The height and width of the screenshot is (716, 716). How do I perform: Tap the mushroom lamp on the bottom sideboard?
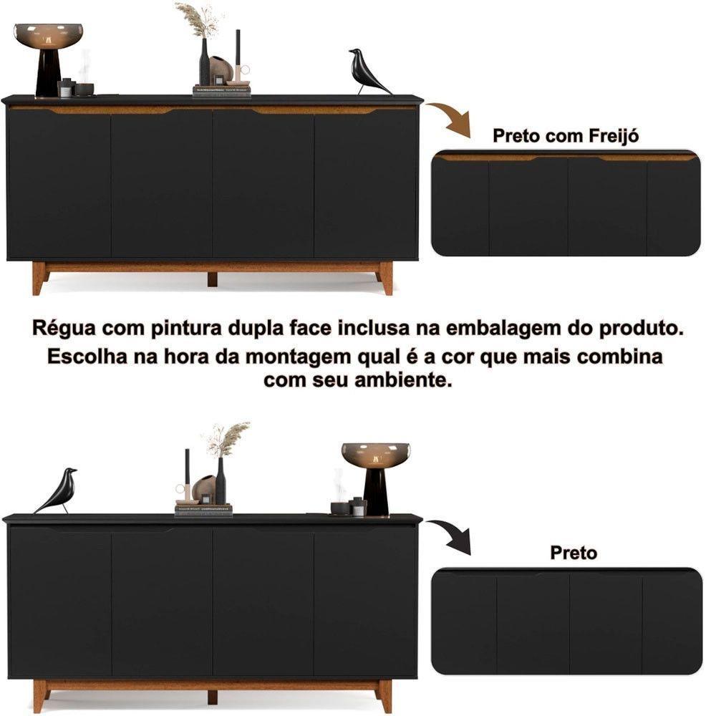(375, 476)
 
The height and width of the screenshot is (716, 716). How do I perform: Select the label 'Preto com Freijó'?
(566, 136)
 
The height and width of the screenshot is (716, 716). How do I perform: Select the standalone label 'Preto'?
(573, 553)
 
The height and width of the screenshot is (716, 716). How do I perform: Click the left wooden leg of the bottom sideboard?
(40, 695)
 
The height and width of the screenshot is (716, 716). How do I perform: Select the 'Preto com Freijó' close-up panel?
(566, 203)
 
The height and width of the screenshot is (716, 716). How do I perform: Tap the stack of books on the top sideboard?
(222, 90)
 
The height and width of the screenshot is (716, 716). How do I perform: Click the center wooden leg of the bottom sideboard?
(212, 697)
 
